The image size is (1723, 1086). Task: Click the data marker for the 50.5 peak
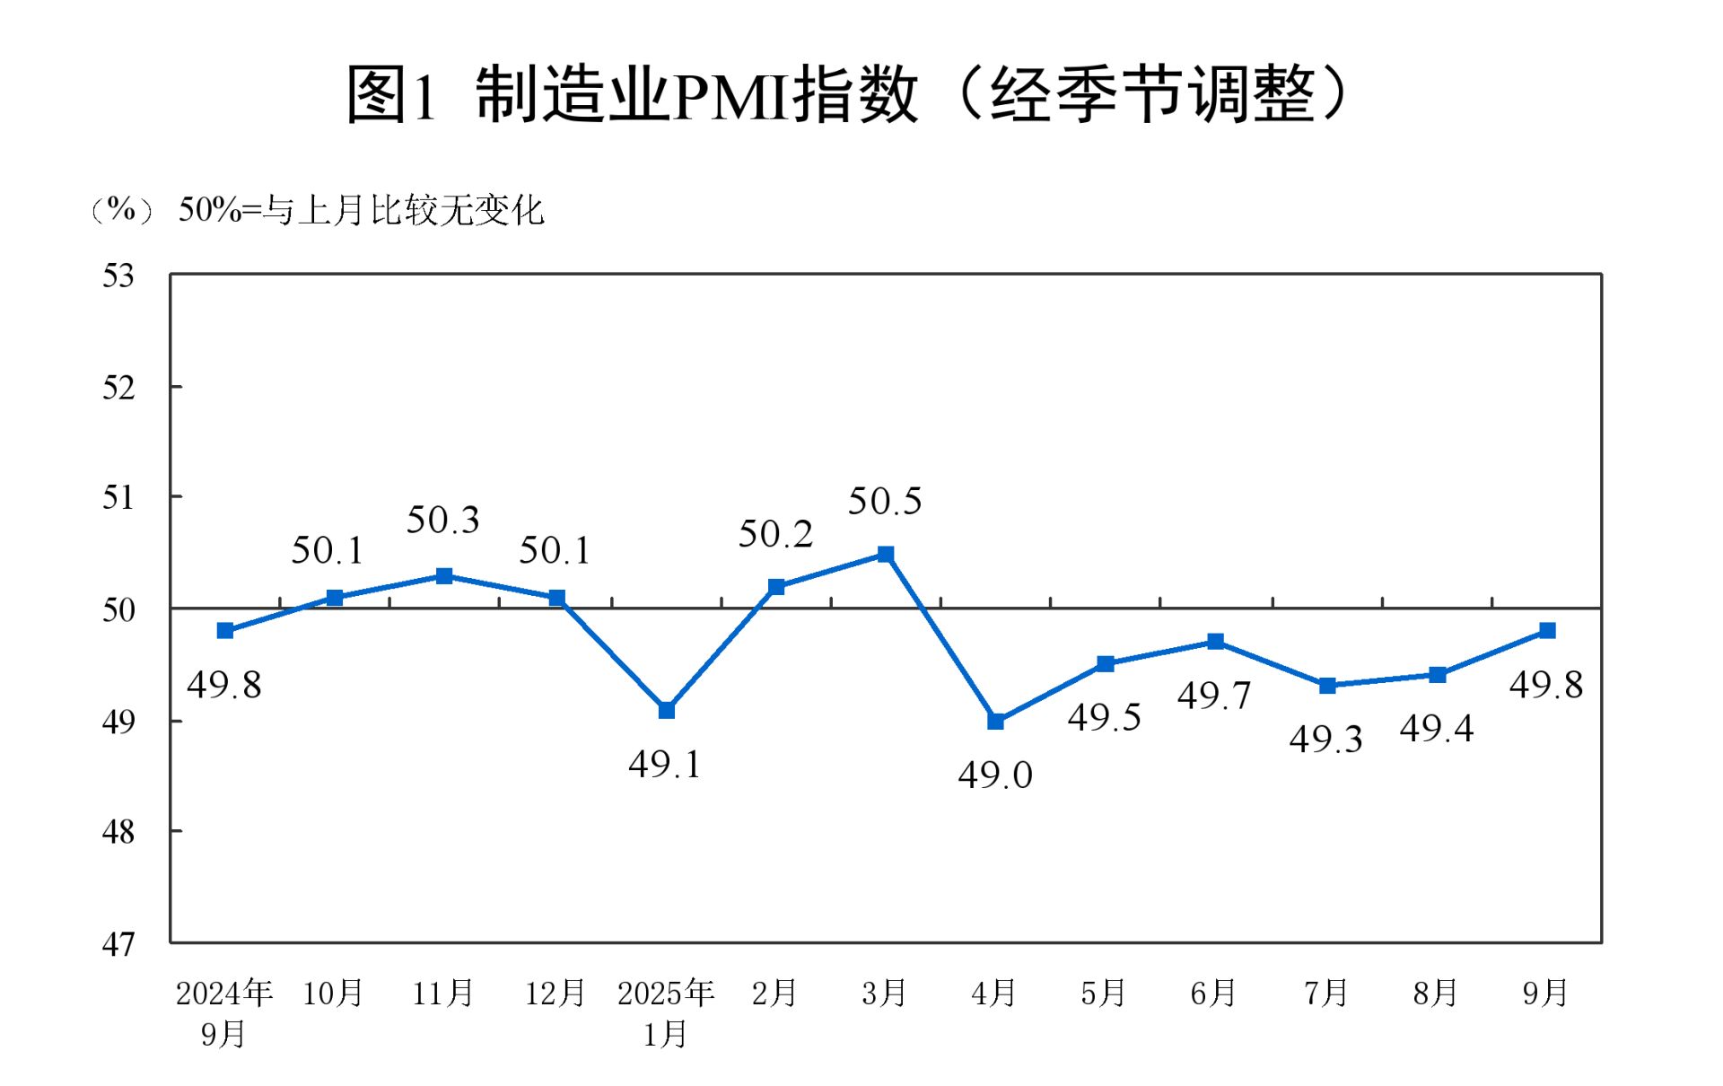(x=885, y=554)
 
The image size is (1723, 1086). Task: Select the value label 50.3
(x=443, y=520)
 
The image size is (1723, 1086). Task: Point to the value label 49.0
(x=995, y=775)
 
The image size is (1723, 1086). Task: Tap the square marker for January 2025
(x=666, y=710)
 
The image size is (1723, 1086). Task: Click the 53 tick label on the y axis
(x=118, y=276)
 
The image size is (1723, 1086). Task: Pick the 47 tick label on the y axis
(x=118, y=944)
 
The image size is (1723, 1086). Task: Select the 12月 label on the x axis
(x=555, y=993)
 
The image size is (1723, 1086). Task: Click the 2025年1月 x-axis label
(x=666, y=1013)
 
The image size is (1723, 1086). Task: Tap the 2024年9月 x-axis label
(x=224, y=1013)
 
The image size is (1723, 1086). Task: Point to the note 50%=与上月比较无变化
(x=361, y=210)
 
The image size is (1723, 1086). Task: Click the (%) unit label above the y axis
(x=121, y=210)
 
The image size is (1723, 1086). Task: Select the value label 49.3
(x=1326, y=740)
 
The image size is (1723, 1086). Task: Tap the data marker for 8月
(x=1437, y=674)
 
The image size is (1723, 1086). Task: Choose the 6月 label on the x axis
(x=1213, y=993)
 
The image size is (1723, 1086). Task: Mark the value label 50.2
(x=775, y=534)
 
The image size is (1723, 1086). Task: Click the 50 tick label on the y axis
(x=118, y=610)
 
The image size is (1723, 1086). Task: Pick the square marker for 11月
(x=443, y=575)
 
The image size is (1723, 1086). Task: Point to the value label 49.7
(x=1214, y=696)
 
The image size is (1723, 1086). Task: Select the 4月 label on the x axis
(x=993, y=993)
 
